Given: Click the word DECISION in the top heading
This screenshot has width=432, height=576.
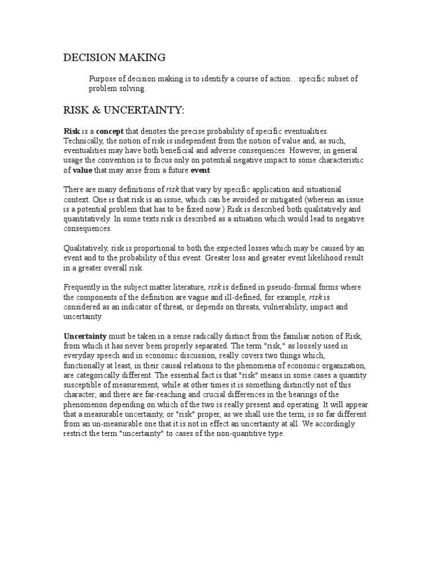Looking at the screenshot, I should [x=90, y=57].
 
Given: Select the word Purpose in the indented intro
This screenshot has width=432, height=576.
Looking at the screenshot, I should [x=103, y=79].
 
